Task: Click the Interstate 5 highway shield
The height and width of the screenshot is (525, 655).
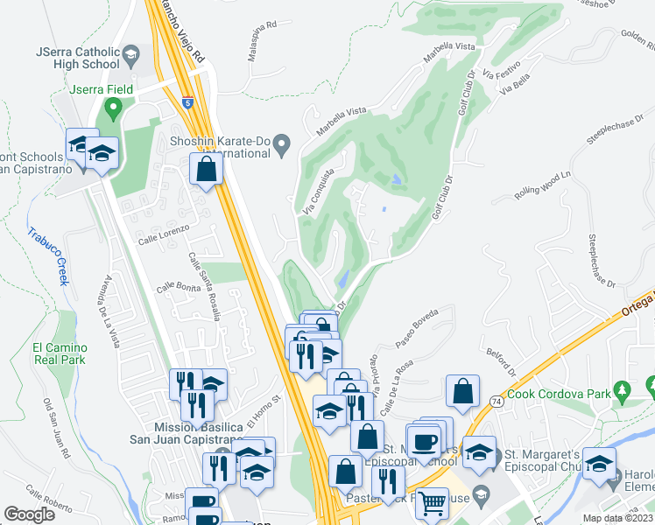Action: [188, 101]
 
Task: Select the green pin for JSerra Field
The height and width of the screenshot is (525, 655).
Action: [112, 109]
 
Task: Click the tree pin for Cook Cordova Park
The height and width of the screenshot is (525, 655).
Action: [623, 388]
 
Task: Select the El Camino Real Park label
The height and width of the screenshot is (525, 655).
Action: [59, 353]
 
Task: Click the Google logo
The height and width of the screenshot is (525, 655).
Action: [29, 514]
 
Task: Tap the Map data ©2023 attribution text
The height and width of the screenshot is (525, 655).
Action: [618, 518]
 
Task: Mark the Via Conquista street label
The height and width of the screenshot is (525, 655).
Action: [319, 192]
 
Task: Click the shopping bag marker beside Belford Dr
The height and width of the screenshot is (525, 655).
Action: [462, 393]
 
